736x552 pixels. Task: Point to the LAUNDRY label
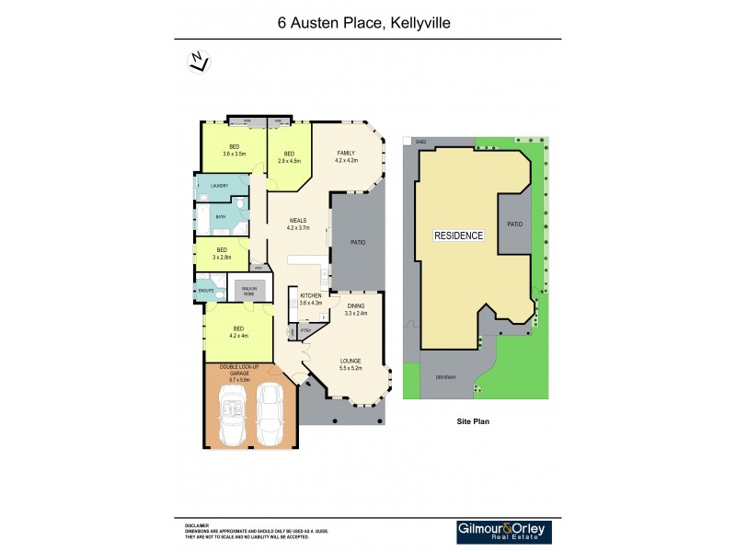(219, 187)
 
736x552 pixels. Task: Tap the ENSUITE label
(206, 291)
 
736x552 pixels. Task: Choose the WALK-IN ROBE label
(248, 290)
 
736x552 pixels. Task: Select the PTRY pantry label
(305, 329)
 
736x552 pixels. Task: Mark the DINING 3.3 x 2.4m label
(355, 310)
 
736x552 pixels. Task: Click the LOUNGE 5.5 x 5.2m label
(351, 364)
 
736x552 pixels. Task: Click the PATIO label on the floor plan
(358, 243)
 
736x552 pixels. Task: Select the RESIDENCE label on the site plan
(458, 236)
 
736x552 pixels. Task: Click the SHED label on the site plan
(421, 143)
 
